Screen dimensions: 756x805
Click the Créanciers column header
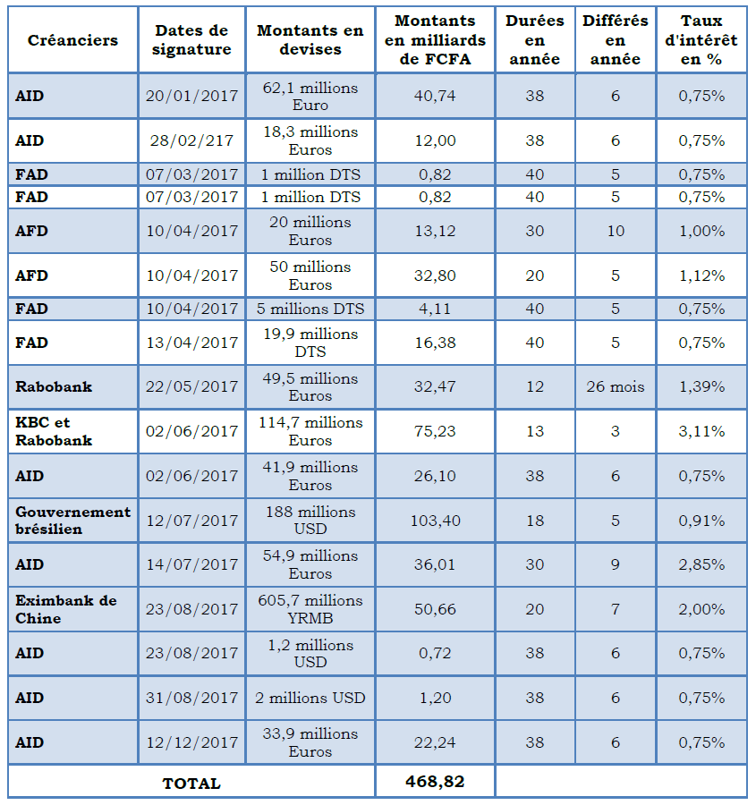coord(73,40)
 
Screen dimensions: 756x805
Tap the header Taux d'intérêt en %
coord(701,40)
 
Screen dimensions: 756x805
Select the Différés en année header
coord(616,40)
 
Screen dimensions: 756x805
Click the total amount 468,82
coord(435,782)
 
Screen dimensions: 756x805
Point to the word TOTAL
coord(191,784)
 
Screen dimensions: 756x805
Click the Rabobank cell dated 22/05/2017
coord(54,386)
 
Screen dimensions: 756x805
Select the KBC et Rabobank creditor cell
coord(54,431)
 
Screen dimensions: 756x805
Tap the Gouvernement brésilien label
coord(73,521)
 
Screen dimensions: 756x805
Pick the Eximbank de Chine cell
coord(66,609)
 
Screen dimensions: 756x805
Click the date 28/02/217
coord(191,140)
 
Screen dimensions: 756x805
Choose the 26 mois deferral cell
coord(616,386)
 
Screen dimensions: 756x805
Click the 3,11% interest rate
coord(701,431)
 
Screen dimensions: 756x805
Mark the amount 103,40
coord(435,521)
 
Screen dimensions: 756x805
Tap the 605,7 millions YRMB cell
coord(310,609)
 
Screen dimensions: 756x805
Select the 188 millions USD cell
coord(310,521)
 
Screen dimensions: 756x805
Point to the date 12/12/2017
coord(191,742)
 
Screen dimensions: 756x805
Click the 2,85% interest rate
coord(701,564)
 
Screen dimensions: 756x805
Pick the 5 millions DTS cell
coord(310,309)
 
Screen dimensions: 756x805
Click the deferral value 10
coord(616,231)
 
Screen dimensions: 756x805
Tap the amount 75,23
coord(435,431)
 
